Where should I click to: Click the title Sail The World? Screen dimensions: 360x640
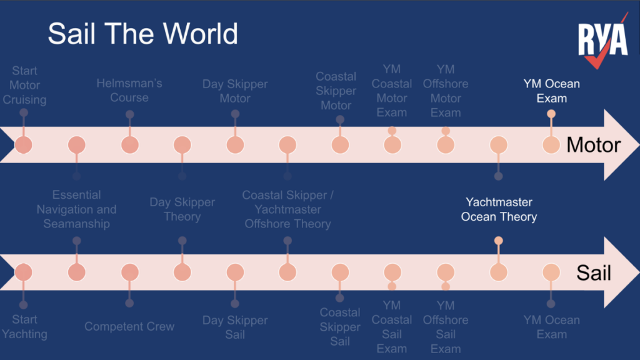point(142,33)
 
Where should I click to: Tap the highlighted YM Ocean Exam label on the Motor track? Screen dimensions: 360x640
point(551,91)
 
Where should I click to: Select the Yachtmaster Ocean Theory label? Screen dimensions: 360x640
point(499,209)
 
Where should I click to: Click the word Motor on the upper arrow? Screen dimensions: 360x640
point(593,145)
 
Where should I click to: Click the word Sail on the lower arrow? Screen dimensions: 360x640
point(594,272)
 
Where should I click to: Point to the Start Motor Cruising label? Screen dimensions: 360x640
point(24,85)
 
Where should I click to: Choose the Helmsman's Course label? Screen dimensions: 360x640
point(129,91)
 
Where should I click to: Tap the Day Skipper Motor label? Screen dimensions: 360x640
point(235,91)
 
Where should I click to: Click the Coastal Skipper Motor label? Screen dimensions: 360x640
point(336,91)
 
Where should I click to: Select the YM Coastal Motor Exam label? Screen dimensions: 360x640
point(392,91)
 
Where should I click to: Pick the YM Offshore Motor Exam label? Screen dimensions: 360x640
point(446,91)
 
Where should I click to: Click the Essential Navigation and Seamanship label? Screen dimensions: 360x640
point(76,209)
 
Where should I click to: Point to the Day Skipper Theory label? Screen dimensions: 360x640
point(182,209)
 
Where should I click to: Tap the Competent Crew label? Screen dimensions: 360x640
point(129,326)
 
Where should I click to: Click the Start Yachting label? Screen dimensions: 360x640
point(24,327)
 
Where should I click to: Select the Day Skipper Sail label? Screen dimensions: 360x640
point(235,327)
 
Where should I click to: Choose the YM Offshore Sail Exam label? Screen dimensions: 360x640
point(446,327)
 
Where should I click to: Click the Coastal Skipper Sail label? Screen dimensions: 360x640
point(340,327)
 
